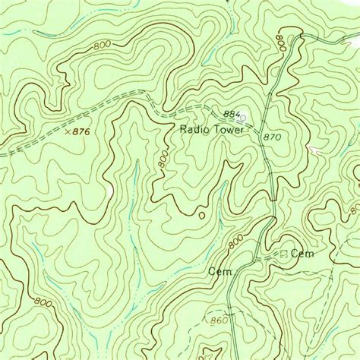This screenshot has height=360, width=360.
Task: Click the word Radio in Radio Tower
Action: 194,130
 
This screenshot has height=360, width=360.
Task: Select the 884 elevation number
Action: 232,115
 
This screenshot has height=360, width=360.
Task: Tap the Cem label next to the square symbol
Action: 302,254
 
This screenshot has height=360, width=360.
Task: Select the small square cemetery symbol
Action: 285,254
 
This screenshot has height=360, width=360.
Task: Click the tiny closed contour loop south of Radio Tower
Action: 201,216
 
